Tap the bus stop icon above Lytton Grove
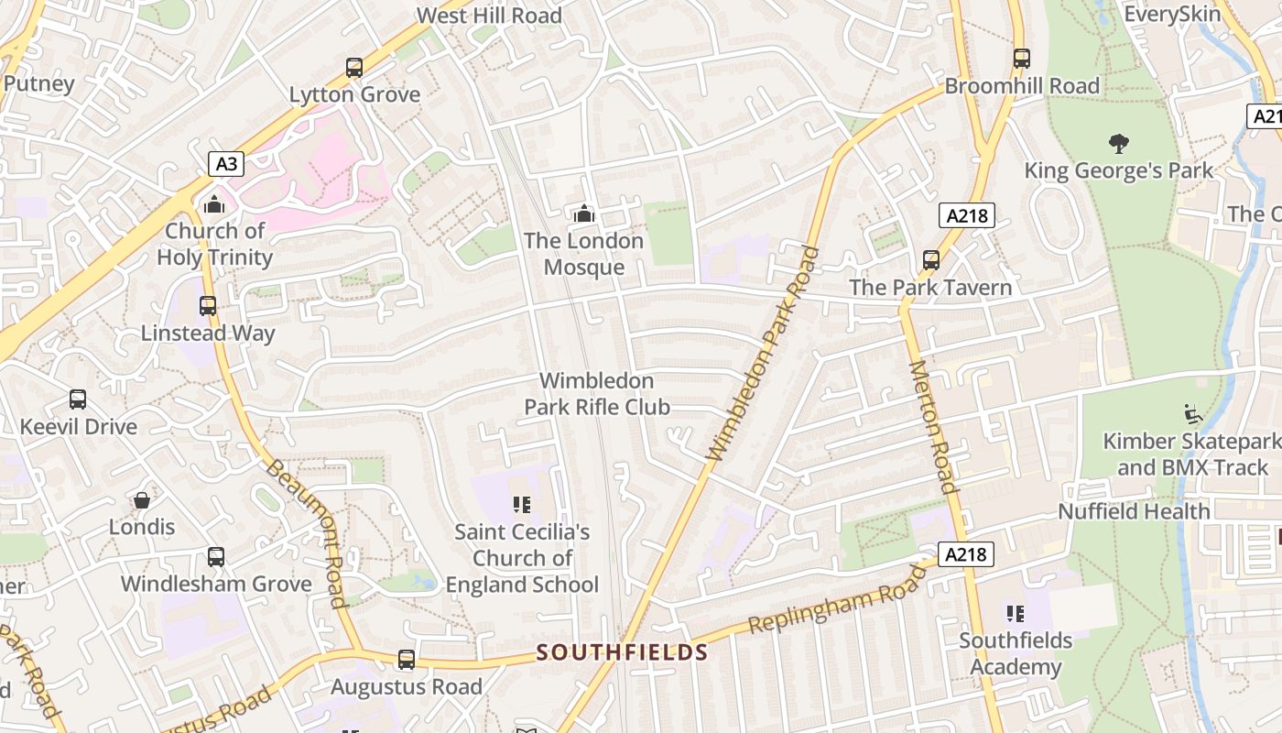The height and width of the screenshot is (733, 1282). [354, 67]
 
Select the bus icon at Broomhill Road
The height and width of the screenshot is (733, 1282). [1022, 59]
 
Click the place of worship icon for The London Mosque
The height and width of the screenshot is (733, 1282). [583, 214]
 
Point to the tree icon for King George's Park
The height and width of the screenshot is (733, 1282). [1118, 143]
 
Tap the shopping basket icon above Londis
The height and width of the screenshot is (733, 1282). [142, 500]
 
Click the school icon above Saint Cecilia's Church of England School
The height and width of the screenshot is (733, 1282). [522, 504]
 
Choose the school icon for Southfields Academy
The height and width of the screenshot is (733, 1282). [1015, 613]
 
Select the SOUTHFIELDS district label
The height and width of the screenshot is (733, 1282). [623, 652]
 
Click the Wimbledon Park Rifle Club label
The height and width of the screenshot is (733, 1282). [597, 394]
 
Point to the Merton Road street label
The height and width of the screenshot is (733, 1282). [933, 426]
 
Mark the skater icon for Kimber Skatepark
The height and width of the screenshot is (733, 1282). [1192, 414]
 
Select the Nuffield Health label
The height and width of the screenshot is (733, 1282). [1134, 511]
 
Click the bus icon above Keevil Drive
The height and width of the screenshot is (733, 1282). [78, 399]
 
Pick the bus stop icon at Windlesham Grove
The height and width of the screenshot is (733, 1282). [216, 556]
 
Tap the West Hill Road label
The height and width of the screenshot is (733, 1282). [489, 16]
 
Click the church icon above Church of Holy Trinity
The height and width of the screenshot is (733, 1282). [214, 203]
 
